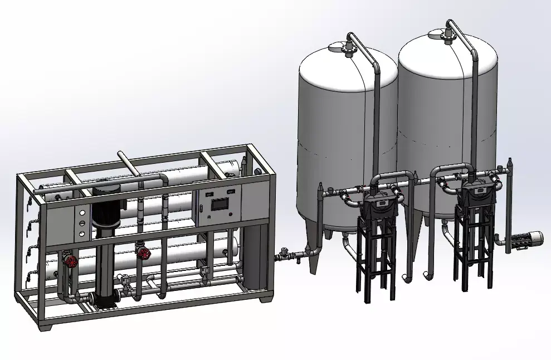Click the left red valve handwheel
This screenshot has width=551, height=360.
[70, 260]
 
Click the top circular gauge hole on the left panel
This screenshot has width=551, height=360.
[83, 213]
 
